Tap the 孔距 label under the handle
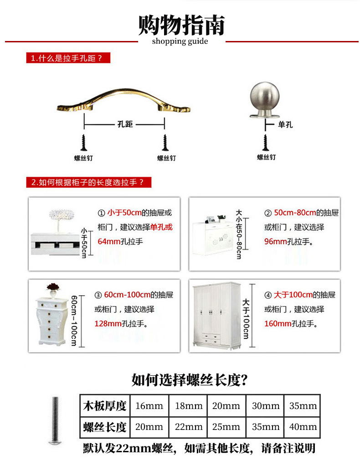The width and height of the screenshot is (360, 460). click(x=124, y=124)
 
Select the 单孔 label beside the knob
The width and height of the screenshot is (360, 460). click(x=285, y=124)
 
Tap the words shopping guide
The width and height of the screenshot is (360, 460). click(x=180, y=41)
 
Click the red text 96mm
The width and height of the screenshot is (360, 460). click(x=275, y=241)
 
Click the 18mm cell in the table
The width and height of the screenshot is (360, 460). click(x=189, y=406)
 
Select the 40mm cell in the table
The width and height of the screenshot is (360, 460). click(x=303, y=427)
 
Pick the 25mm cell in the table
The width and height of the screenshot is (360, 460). click(x=226, y=427)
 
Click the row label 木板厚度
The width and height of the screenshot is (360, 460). click(x=104, y=406)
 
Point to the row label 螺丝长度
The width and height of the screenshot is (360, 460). click(x=104, y=427)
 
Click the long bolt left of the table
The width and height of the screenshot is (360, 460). click(x=55, y=419)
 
